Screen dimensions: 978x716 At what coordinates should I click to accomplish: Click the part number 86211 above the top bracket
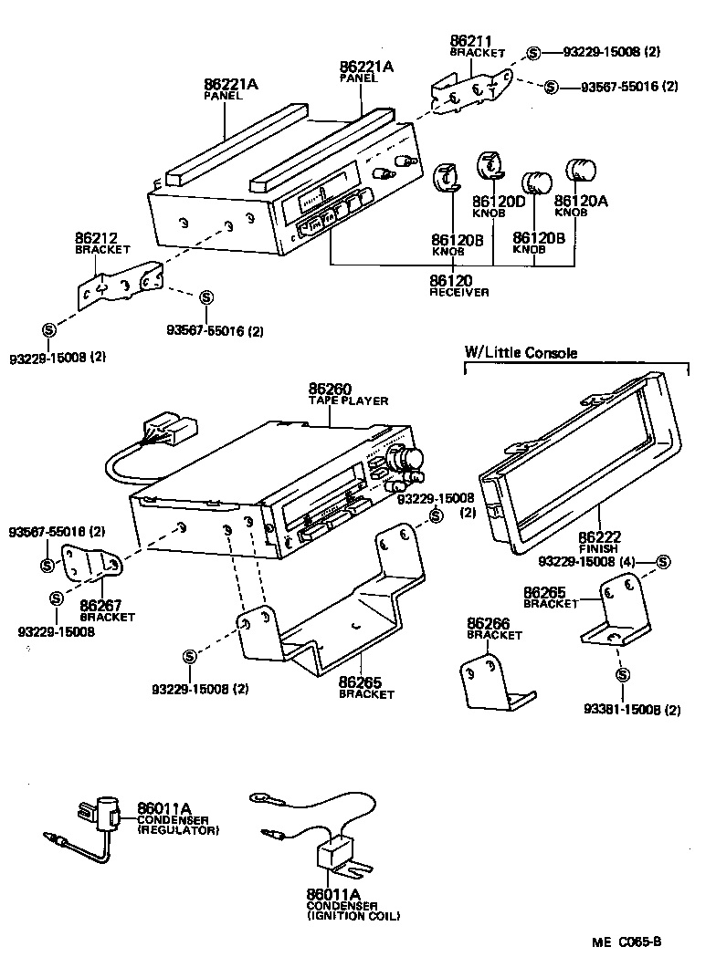click(470, 41)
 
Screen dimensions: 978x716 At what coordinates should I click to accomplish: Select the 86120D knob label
click(499, 201)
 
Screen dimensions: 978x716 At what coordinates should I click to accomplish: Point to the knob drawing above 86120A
click(581, 171)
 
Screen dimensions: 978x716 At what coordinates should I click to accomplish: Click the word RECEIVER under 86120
click(458, 293)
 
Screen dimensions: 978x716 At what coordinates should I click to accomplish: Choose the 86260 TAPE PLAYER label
click(348, 393)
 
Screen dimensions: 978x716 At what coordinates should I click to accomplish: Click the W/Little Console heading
click(521, 353)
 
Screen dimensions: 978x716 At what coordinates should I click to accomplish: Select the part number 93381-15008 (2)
click(633, 710)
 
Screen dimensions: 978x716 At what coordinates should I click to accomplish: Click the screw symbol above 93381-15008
click(622, 675)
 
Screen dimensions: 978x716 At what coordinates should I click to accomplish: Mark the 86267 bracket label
click(106, 609)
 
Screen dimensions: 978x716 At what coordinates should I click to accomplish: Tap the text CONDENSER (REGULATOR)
click(178, 826)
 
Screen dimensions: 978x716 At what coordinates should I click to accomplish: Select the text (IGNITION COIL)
click(353, 915)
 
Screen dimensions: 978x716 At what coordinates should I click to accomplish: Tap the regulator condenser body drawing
click(103, 810)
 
